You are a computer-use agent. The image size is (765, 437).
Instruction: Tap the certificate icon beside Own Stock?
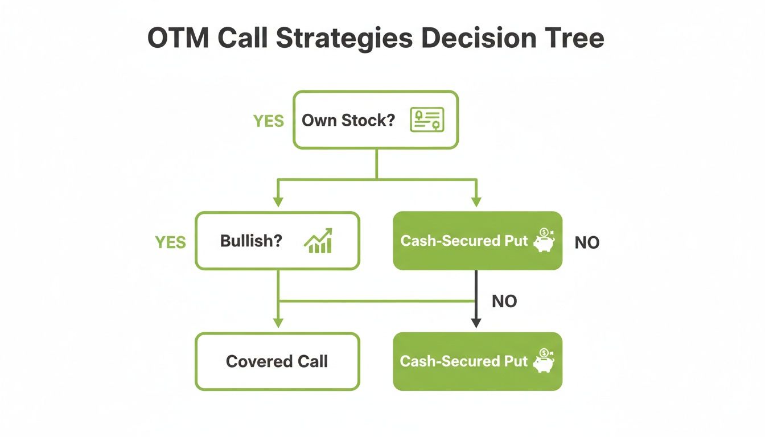[x=427, y=120]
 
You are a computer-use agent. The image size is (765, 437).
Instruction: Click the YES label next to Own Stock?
[x=268, y=121]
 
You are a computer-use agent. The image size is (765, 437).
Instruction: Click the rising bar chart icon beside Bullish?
[x=319, y=241]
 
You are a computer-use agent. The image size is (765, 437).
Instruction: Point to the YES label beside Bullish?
[x=170, y=242]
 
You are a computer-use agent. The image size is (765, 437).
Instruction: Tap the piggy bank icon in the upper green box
[x=544, y=241]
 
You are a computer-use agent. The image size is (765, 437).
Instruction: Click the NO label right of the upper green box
[x=587, y=243]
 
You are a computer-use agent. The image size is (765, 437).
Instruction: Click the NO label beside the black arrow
[x=504, y=301]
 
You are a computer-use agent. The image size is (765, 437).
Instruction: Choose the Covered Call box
[x=277, y=361]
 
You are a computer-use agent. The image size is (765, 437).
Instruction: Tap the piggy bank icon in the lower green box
[x=544, y=361]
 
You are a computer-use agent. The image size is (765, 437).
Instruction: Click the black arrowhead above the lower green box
[x=476, y=323]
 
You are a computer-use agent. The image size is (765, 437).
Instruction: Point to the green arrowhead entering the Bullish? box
[x=278, y=202]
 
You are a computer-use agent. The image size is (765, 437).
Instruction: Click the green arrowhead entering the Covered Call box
[x=278, y=323]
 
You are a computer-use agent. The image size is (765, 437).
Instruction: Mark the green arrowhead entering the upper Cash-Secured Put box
[x=476, y=202]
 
